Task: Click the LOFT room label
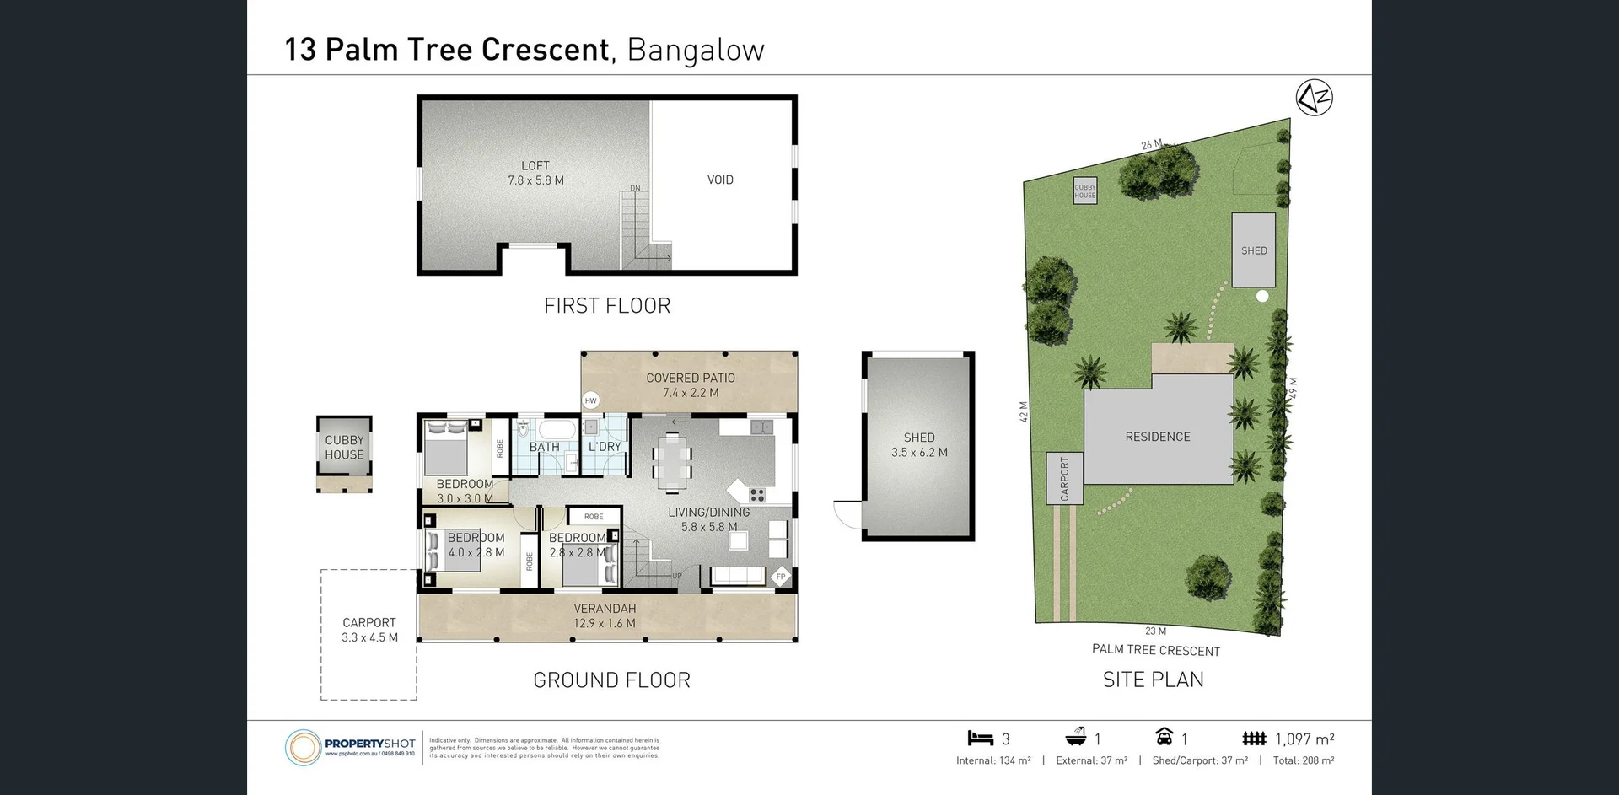coord(535,166)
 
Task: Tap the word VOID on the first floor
coord(720,180)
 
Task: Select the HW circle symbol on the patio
coord(590,401)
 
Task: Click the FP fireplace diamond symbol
coord(781,577)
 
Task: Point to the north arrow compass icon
coord(1314,99)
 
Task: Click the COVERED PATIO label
coord(691,378)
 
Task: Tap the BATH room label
coord(544,447)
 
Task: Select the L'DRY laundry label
coord(605,447)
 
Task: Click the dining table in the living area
coord(672,463)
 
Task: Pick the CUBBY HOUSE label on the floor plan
coord(344,447)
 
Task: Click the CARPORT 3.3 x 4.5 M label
coord(369,630)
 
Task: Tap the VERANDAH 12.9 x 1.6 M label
coord(605,615)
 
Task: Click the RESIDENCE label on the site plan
coord(1158,437)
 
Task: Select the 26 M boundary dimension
coord(1151,145)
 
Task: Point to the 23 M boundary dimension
coord(1155,631)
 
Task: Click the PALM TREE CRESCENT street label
coord(1156,650)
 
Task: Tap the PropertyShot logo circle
coord(303,747)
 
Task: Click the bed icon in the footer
coord(980,739)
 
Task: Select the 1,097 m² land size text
coord(1304,739)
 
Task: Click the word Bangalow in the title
coord(696,50)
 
